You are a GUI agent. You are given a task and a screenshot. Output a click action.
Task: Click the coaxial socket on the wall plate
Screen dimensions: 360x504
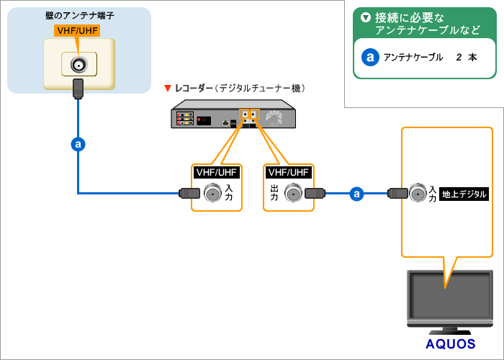click(x=78, y=65)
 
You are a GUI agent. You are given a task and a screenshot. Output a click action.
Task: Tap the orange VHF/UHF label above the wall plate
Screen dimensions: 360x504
click(x=78, y=31)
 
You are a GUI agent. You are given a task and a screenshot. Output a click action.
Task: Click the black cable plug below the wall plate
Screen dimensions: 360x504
click(x=78, y=89)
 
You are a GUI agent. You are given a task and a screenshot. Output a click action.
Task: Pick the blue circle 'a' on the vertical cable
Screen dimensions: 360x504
click(x=78, y=144)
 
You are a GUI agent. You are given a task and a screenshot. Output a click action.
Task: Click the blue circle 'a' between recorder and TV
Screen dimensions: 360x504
click(x=356, y=193)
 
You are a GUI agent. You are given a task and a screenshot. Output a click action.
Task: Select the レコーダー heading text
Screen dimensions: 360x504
click(x=194, y=89)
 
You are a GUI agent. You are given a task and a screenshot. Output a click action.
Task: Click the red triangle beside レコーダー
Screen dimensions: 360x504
click(x=168, y=89)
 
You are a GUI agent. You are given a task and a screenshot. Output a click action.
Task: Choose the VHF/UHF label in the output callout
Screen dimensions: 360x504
click(x=288, y=172)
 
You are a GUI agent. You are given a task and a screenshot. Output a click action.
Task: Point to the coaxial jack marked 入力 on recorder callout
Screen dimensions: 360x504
click(x=212, y=193)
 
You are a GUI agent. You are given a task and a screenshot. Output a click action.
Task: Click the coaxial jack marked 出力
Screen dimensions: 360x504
click(x=293, y=193)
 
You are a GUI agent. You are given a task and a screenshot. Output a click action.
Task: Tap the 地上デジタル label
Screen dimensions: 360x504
click(x=464, y=194)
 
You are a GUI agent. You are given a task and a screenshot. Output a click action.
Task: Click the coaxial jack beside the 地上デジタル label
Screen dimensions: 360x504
click(x=418, y=193)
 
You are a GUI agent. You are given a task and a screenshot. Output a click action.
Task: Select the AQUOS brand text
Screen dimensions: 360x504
click(x=450, y=343)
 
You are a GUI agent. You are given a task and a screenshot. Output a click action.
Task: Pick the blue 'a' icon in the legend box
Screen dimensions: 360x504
click(x=370, y=57)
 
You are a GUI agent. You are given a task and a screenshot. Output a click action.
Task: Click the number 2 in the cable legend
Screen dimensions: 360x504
click(x=459, y=57)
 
